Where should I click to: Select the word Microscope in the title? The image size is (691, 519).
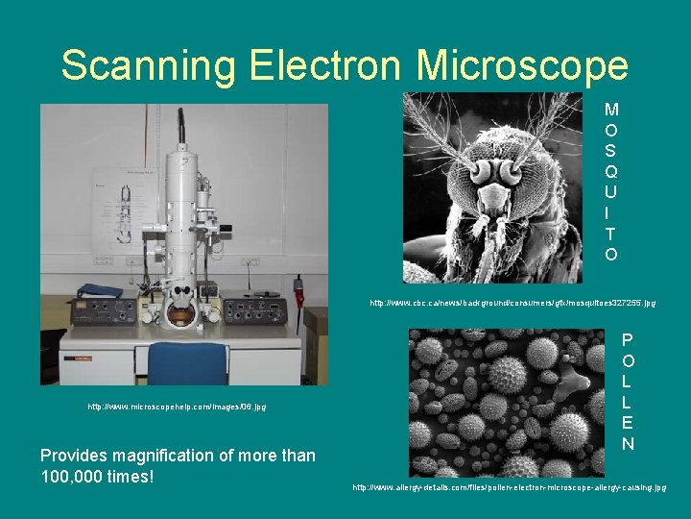523,65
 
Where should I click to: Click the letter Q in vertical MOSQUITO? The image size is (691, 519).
611,170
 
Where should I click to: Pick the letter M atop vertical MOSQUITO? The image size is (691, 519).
611,111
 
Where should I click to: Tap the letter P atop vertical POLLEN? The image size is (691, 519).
627,339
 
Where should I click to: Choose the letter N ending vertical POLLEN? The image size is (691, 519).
627,443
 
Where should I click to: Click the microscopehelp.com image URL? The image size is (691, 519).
177,407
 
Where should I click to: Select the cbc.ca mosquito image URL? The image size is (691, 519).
512,303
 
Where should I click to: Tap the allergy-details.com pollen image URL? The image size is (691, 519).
509,488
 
